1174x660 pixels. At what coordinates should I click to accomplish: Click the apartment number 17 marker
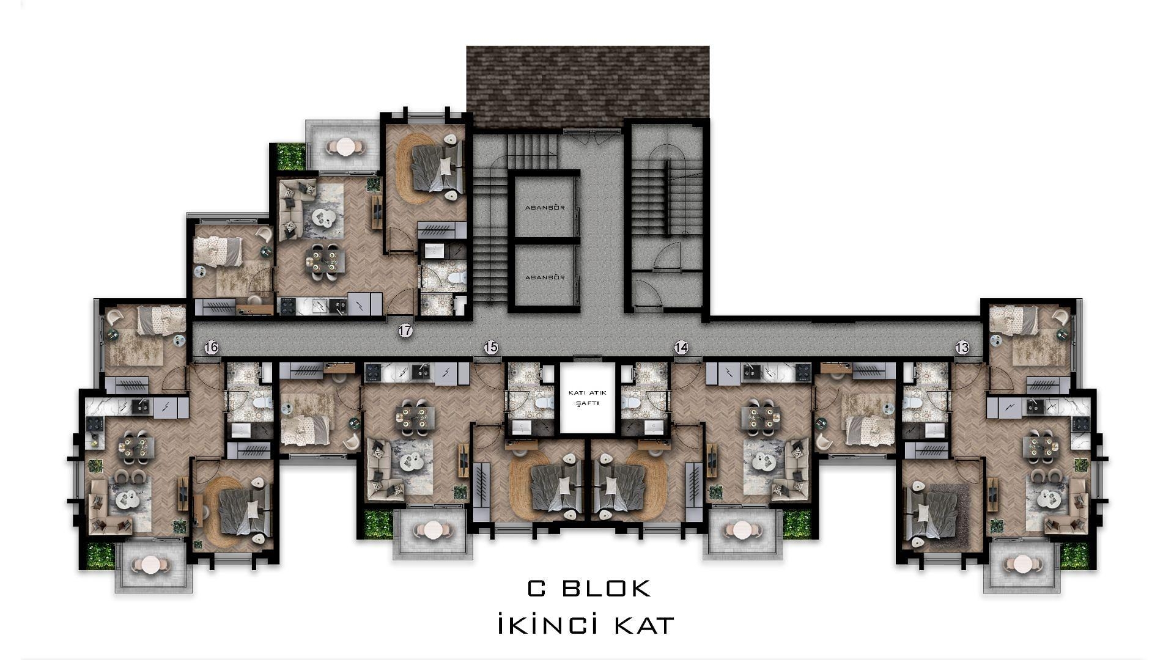[405, 331]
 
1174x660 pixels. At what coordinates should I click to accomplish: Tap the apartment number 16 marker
[211, 348]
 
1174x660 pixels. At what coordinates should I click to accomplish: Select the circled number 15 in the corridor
[490, 348]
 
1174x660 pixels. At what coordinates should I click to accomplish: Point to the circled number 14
[681, 348]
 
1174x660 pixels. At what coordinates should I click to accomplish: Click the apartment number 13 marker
[962, 348]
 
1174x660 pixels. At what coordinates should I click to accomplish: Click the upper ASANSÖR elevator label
[544, 208]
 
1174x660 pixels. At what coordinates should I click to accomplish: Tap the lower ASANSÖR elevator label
[544, 277]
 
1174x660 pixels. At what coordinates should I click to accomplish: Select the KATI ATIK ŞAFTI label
[587, 398]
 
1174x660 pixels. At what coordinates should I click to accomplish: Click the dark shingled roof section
[588, 82]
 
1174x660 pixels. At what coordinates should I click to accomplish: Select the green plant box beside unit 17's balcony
[290, 156]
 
